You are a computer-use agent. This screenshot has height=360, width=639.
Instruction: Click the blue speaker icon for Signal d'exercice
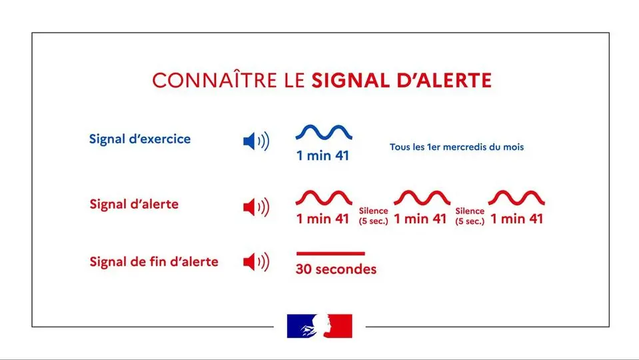[256, 141]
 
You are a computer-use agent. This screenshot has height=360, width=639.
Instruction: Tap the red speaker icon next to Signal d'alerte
[256, 207]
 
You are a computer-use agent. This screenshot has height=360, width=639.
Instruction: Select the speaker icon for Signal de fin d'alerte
[256, 263]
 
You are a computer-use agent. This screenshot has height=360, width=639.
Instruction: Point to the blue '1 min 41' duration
[323, 157]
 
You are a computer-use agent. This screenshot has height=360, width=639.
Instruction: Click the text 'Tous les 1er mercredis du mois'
[456, 147]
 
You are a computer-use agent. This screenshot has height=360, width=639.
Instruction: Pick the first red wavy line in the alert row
[324, 198]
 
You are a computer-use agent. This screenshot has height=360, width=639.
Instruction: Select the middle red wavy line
[421, 198]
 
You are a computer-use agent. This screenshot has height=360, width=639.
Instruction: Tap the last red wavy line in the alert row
[516, 198]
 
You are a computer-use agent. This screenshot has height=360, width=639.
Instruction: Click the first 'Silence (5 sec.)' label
[373, 216]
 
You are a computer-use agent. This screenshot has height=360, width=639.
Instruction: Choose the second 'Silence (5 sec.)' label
[470, 216]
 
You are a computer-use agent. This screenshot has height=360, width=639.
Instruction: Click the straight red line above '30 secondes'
[330, 253]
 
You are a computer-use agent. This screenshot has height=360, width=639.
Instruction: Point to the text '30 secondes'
[336, 269]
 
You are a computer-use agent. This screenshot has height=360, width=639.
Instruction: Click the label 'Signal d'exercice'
[140, 139]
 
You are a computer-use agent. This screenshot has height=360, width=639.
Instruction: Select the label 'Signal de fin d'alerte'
[154, 262]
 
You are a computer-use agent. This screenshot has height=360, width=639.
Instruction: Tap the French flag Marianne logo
[320, 326]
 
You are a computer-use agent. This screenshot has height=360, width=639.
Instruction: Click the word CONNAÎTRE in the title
[214, 81]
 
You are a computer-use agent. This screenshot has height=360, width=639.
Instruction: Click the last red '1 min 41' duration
[516, 219]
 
